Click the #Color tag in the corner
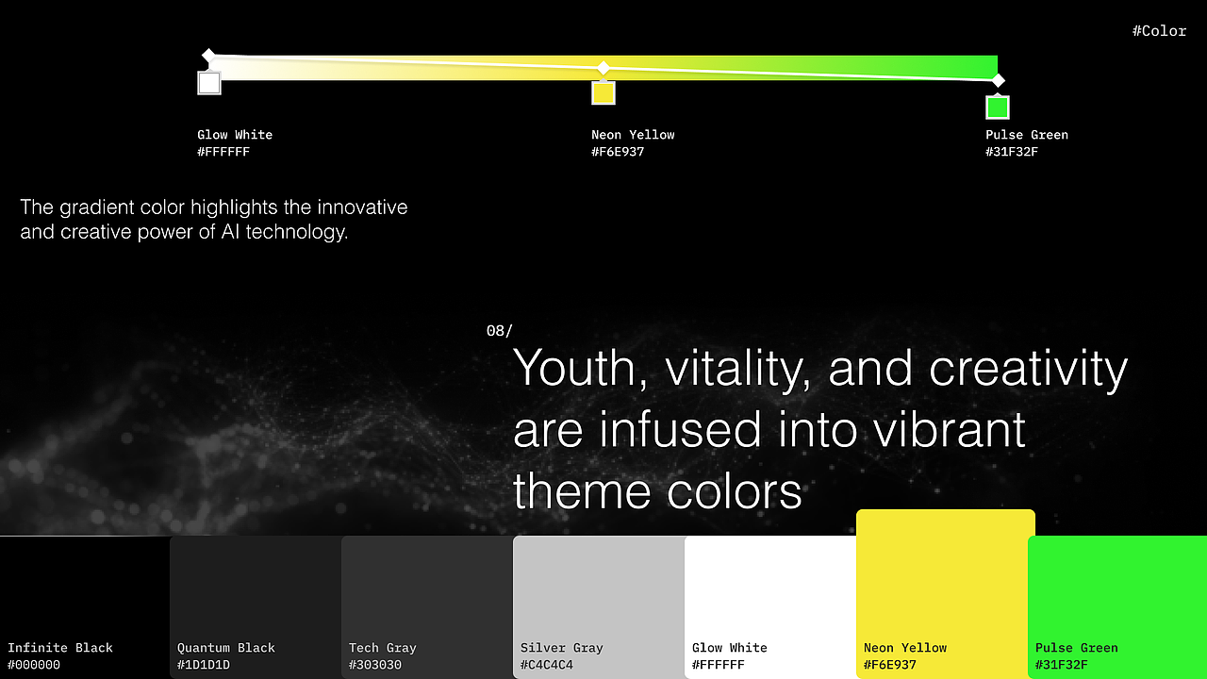coord(1159,31)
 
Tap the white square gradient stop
coord(209,83)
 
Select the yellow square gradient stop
coord(603,92)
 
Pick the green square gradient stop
coord(998,107)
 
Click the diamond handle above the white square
coord(208,55)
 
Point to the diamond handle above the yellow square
coord(603,68)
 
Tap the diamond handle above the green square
coord(998,80)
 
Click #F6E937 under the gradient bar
coord(618,152)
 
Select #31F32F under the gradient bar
coord(1012,152)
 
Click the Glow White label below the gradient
coord(235,135)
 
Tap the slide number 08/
coord(500,330)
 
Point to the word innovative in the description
coord(362,207)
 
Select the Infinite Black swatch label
coord(60,648)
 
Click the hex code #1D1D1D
coord(204,665)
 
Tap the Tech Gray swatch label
coord(383,648)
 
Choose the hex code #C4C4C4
coord(546,665)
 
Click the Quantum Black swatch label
coord(226,648)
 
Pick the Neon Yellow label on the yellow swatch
coord(905,648)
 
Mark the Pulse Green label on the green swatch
coord(1077,648)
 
